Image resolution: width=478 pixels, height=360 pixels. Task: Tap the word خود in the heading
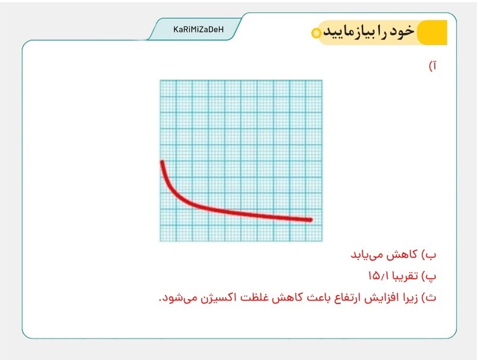pyautogui.click(x=402, y=31)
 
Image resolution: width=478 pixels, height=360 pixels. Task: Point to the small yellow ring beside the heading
pyautogui.click(x=316, y=33)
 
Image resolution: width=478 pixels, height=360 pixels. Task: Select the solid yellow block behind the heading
pyautogui.click(x=432, y=33)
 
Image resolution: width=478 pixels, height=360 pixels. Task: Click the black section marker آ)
pyautogui.click(x=433, y=66)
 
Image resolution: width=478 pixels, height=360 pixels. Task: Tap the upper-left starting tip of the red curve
pyautogui.click(x=162, y=162)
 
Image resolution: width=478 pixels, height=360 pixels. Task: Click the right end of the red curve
pyautogui.click(x=311, y=220)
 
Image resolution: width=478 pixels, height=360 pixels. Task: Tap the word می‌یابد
pyautogui.click(x=367, y=255)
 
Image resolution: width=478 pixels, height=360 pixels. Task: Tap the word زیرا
pyautogui.click(x=411, y=298)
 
